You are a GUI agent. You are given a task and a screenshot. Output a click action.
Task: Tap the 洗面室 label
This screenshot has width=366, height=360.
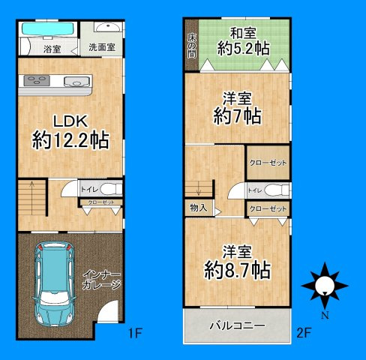coord(101,47)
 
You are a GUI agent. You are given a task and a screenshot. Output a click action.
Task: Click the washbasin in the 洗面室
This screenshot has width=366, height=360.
coord(110,28)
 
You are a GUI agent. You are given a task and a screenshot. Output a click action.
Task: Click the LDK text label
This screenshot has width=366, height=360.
coord(70,121)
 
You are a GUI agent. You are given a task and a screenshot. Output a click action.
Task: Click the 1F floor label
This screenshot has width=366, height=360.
coord(135,331)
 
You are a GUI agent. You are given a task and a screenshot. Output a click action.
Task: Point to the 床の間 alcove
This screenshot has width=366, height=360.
coord(191,45)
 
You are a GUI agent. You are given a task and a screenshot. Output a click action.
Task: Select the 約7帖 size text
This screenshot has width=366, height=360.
coord(236,116)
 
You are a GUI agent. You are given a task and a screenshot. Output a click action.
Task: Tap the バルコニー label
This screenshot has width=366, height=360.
coord(236,326)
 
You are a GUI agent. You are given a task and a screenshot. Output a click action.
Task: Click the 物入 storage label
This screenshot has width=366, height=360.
coord(199,208)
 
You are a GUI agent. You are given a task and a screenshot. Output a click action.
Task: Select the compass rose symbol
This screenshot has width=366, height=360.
coord(325,283)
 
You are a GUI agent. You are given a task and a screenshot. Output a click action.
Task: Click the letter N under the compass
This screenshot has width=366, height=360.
coord(325,316)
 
